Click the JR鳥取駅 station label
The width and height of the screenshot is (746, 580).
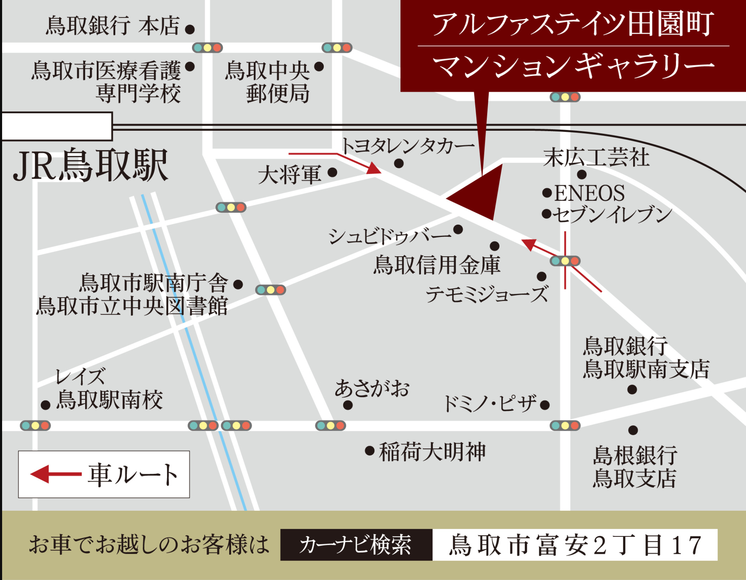91,165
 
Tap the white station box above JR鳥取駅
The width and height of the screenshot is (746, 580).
57,127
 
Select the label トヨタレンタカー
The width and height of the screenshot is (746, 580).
408,146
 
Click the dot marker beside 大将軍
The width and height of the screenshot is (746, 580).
332,172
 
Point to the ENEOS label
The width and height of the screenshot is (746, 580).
589,193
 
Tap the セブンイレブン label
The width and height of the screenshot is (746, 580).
612,214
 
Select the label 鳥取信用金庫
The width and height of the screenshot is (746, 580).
437,265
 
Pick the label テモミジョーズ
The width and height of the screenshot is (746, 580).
487,294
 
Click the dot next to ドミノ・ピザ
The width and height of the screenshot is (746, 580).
545,405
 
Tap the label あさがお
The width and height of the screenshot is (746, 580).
372,388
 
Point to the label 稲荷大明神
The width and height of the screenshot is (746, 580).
432,452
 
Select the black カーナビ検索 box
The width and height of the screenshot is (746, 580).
356,544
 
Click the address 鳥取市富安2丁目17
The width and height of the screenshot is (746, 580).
575,544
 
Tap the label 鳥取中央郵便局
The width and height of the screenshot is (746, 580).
267,82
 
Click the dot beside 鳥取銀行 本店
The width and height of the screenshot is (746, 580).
190,29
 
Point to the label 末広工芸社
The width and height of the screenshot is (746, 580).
596,157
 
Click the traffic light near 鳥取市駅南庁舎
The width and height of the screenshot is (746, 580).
270,290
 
